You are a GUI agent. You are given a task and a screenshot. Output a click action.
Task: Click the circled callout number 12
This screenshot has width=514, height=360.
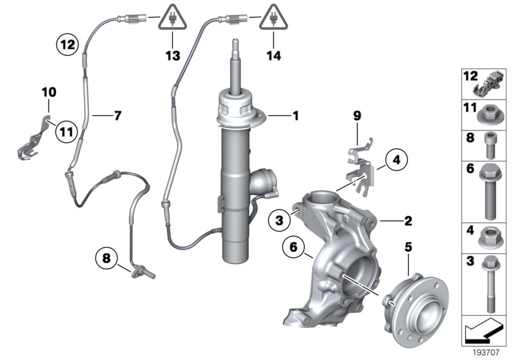[67, 45]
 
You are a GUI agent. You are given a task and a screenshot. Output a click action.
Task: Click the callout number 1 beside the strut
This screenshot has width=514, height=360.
[296, 116]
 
